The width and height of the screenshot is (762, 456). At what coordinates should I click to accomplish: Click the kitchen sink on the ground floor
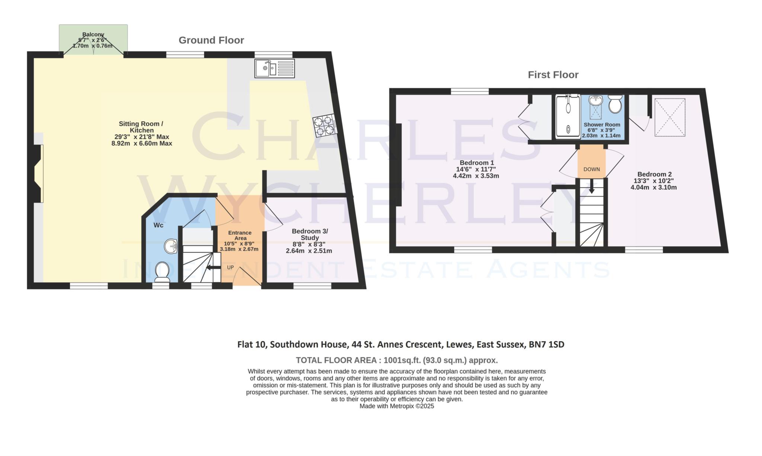click(275, 68)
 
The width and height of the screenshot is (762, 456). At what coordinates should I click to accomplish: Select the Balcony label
click(93, 35)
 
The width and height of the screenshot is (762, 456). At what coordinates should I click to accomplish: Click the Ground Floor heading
click(211, 40)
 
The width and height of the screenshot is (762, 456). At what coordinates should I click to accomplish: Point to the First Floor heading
click(553, 75)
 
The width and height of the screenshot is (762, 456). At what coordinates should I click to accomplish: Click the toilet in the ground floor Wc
click(162, 272)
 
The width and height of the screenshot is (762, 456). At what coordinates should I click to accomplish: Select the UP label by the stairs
click(230, 267)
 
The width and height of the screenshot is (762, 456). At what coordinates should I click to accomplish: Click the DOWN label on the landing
click(592, 169)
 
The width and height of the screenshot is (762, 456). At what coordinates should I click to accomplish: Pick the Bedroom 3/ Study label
click(310, 235)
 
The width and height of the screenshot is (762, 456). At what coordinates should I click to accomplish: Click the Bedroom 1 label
click(477, 163)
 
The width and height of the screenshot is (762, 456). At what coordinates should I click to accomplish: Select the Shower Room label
click(602, 125)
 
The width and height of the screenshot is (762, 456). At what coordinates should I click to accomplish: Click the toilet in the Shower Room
click(615, 104)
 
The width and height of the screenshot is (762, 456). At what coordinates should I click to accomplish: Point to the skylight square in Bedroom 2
click(670, 117)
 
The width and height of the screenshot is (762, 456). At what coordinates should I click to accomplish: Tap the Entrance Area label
click(240, 235)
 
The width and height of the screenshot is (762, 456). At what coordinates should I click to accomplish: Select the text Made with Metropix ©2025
click(397, 406)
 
